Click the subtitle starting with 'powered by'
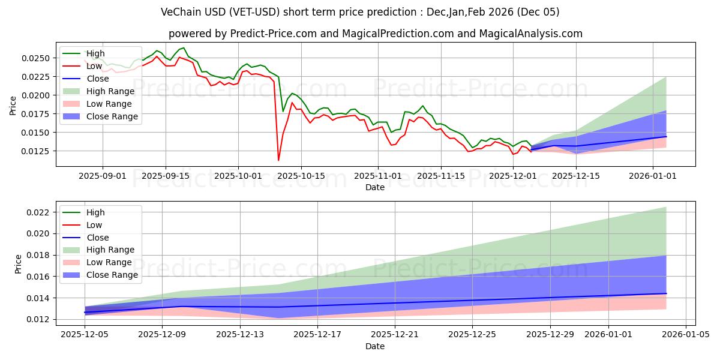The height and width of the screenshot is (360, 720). (375, 34)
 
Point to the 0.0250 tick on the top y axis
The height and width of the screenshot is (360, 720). (38, 58)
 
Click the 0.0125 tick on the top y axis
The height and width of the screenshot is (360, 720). (38, 151)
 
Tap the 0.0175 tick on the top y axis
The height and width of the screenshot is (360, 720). (38, 114)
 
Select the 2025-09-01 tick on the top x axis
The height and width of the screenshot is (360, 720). (103, 176)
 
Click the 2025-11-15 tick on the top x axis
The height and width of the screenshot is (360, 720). (440, 176)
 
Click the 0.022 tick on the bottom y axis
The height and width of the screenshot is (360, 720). (42, 212)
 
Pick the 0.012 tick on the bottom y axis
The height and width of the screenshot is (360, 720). (42, 319)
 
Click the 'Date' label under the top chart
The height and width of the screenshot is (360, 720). (375, 187)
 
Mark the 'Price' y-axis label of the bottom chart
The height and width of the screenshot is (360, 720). (17, 264)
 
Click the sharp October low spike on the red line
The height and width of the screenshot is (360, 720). (278, 160)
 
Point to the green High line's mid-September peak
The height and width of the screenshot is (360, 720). (184, 48)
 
